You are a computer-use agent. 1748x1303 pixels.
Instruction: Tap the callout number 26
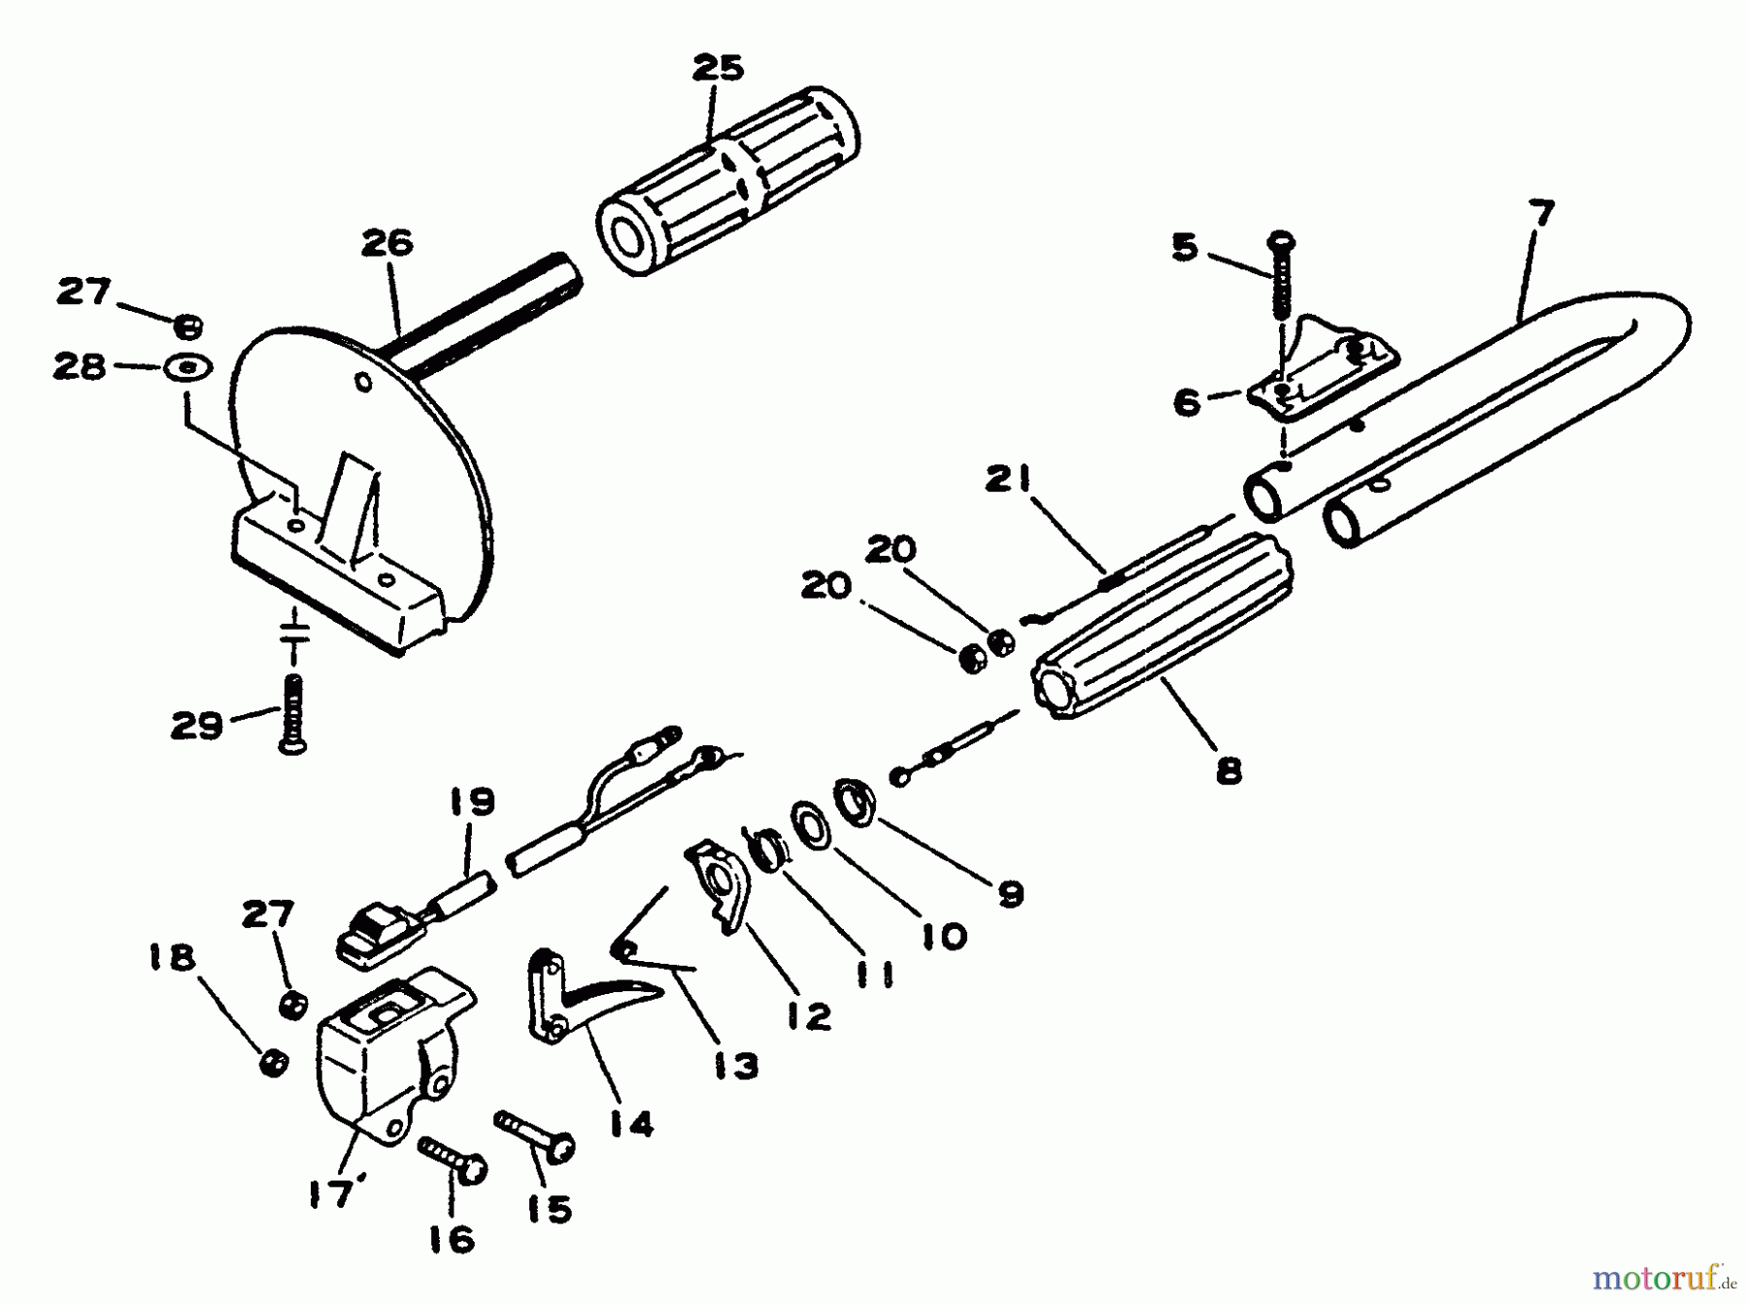pos(387,243)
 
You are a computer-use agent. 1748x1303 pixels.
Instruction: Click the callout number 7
pos(1540,212)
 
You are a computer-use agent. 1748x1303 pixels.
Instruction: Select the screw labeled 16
pos(453,1160)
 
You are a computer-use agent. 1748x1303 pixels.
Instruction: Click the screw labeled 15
pos(536,1137)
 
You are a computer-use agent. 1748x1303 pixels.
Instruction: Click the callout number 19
pos(472,803)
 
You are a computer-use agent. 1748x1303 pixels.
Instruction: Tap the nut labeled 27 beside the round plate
pos(190,323)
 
